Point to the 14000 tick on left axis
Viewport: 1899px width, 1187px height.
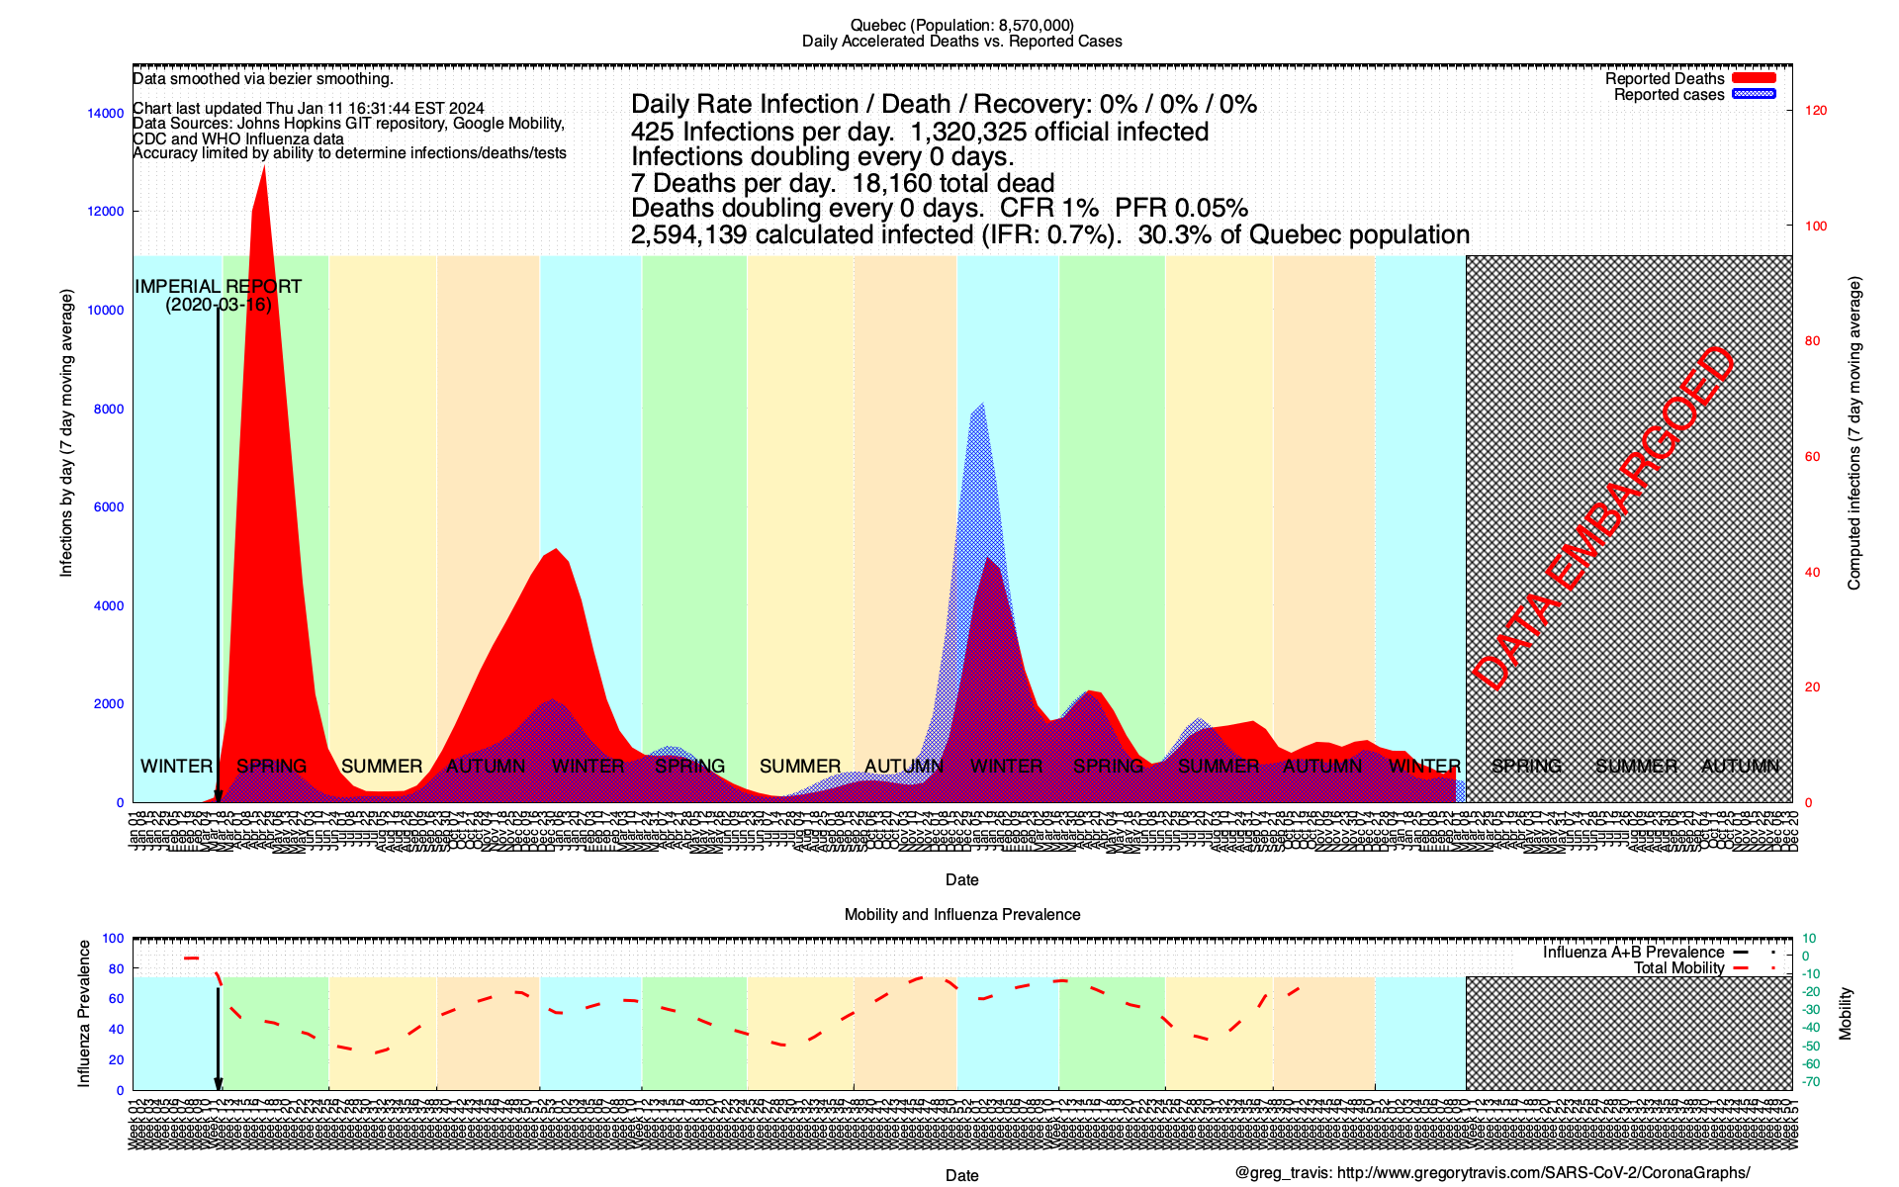coord(106,113)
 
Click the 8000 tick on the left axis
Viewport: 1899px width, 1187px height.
coord(109,409)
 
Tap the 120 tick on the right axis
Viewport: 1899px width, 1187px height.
coord(1816,110)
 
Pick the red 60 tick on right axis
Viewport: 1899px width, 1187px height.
coord(1812,456)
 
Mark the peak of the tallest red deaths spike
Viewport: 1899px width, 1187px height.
coord(264,168)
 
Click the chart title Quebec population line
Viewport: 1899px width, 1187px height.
coord(961,25)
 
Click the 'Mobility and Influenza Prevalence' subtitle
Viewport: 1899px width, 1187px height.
coord(961,914)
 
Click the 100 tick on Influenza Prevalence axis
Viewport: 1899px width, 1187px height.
coord(113,938)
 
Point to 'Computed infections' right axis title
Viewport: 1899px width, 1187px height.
coord(1854,433)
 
